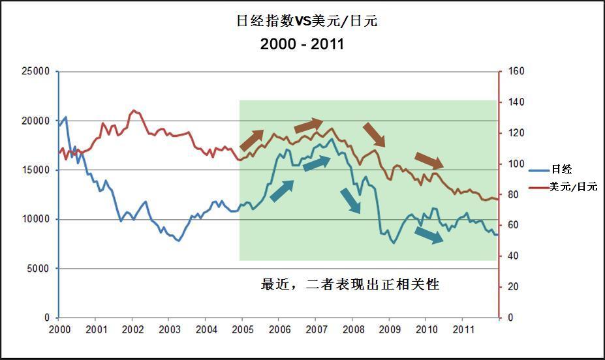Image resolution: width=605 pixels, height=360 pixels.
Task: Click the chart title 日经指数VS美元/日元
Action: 307,21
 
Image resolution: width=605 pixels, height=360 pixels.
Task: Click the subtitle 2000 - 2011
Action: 302,44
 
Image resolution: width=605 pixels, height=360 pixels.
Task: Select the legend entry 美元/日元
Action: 573,187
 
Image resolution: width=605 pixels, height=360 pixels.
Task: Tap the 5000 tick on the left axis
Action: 39,269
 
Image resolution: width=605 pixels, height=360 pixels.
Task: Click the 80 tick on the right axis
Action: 514,194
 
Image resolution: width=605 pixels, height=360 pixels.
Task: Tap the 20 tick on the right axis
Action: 514,287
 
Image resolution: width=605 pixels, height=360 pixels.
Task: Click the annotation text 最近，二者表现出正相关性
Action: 350,285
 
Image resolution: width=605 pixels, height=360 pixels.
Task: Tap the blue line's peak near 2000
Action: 66,117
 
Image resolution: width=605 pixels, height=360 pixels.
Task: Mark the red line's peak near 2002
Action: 133,110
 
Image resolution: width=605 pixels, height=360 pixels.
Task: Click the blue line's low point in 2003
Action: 179,241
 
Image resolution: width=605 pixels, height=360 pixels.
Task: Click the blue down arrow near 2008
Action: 350,201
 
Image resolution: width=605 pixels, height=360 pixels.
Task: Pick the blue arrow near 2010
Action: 429,235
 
